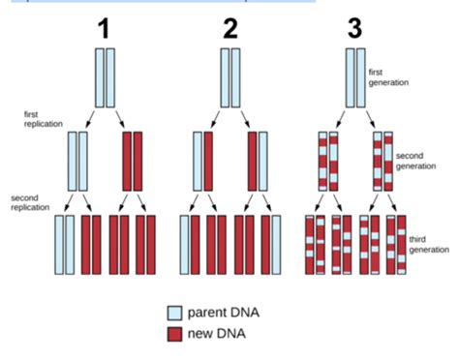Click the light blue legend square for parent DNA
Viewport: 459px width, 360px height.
click(174, 312)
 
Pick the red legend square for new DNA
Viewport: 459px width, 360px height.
click(174, 334)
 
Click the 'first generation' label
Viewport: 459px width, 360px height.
click(388, 76)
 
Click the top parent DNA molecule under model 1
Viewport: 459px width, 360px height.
click(104, 76)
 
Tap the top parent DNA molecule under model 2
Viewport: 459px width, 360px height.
click(229, 76)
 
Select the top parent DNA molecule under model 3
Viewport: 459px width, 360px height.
click(354, 76)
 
